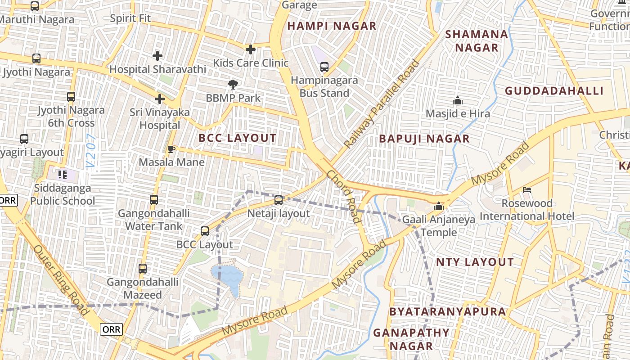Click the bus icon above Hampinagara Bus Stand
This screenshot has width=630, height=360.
(x=324, y=67)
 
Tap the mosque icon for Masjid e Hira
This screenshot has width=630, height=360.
(x=458, y=100)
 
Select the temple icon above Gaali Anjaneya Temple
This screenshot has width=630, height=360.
(x=438, y=207)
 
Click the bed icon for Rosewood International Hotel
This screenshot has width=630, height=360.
(x=527, y=190)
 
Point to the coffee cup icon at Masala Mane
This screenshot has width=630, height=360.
(x=171, y=149)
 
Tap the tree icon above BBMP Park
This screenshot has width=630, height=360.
(x=233, y=84)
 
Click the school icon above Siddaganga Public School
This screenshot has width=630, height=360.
(x=63, y=174)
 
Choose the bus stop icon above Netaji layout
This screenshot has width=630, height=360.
(x=279, y=200)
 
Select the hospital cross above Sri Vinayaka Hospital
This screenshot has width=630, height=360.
(x=160, y=99)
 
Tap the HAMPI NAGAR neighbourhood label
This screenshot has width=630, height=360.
(x=332, y=26)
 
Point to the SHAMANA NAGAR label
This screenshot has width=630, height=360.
(x=477, y=41)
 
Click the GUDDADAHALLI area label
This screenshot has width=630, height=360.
(x=554, y=91)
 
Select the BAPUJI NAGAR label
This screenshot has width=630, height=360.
(x=424, y=139)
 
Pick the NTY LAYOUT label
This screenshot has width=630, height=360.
(x=475, y=262)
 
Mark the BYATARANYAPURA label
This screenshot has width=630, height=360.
(x=447, y=311)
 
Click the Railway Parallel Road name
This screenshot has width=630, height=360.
(x=382, y=104)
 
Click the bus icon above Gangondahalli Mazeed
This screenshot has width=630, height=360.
(x=143, y=269)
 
